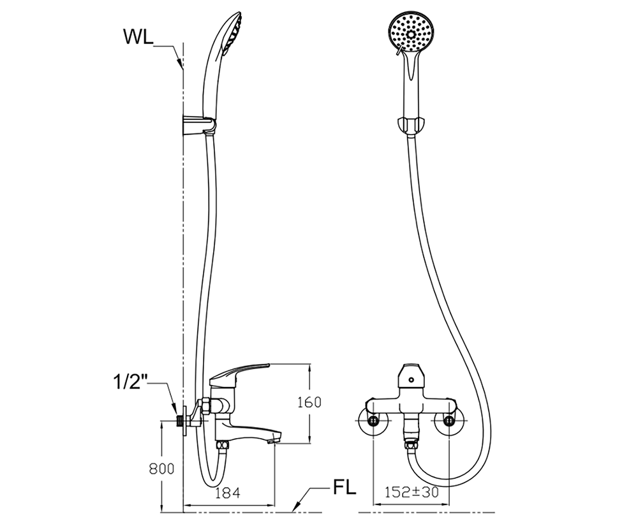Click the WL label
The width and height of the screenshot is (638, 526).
tap(138, 37)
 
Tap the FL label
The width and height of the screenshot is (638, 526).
tap(345, 488)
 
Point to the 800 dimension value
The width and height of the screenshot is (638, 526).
tap(161, 469)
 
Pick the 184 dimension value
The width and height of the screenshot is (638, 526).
tap(228, 493)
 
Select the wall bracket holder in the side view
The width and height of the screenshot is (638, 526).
tap(199, 124)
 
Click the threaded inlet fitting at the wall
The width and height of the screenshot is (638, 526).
tap(179, 420)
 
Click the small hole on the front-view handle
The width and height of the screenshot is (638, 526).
tap(412, 380)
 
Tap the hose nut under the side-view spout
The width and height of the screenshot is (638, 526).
tap(223, 446)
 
